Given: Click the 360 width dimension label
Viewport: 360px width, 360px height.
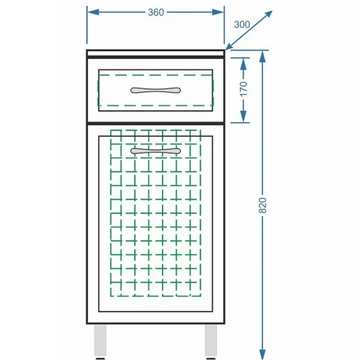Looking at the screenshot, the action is pyautogui.click(x=156, y=12).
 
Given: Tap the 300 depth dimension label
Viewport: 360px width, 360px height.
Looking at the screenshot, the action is pyautogui.click(x=242, y=24).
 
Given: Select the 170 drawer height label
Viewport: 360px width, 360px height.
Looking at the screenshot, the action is pyautogui.click(x=243, y=89).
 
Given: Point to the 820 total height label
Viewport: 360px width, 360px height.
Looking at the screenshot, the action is pyautogui.click(x=263, y=205).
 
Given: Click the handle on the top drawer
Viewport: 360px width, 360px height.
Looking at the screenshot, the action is pyautogui.click(x=156, y=90).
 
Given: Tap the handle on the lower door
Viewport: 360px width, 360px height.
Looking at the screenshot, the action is pyautogui.click(x=156, y=151).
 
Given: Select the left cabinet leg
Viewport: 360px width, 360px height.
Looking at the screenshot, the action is pyautogui.click(x=100, y=341).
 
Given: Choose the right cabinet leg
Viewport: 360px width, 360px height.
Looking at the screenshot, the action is pyautogui.click(x=211, y=341).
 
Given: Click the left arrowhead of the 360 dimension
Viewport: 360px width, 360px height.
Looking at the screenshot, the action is pyautogui.click(x=93, y=12).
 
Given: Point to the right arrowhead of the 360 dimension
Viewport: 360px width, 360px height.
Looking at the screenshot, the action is pyautogui.click(x=218, y=12).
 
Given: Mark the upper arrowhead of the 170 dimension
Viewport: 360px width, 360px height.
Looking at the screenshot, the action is pyautogui.click(x=243, y=64).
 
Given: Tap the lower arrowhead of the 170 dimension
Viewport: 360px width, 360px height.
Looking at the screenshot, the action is pyautogui.click(x=243, y=117).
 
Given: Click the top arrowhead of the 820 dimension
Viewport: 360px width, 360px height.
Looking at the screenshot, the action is pyautogui.click(x=263, y=57).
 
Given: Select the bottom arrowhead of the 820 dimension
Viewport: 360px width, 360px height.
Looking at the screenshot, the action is pyautogui.click(x=263, y=354).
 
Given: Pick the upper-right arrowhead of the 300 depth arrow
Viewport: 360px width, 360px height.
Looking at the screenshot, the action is pyautogui.click(x=268, y=14).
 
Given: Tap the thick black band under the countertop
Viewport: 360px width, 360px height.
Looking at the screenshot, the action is pyautogui.click(x=156, y=57).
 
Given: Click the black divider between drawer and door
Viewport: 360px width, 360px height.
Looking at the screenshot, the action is pyautogui.click(x=156, y=123).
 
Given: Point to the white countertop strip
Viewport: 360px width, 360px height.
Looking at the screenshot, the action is pyautogui.click(x=156, y=53).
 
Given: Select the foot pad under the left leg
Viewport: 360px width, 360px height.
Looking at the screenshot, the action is pyautogui.click(x=100, y=359).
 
